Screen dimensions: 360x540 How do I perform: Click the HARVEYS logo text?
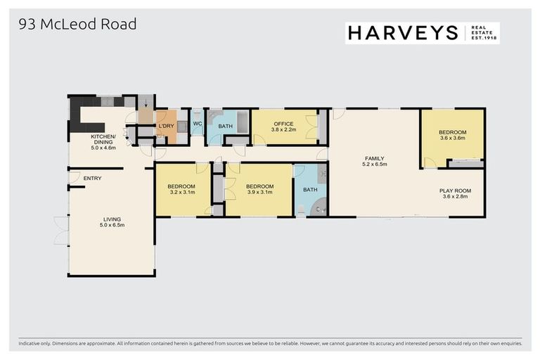click(x=402, y=32)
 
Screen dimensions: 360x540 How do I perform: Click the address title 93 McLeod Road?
click(x=77, y=25)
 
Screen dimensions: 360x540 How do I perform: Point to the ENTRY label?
click(x=92, y=179)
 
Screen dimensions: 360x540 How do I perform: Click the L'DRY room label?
click(x=166, y=126)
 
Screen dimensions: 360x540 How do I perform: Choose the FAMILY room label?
click(x=374, y=159)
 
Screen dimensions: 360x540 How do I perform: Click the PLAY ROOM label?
click(x=455, y=191)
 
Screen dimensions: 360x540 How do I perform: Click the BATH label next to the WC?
click(x=225, y=127)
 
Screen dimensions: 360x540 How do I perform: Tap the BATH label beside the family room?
click(x=309, y=190)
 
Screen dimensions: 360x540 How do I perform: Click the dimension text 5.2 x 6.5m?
click(x=374, y=165)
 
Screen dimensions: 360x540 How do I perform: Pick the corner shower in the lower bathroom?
click(x=319, y=207)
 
